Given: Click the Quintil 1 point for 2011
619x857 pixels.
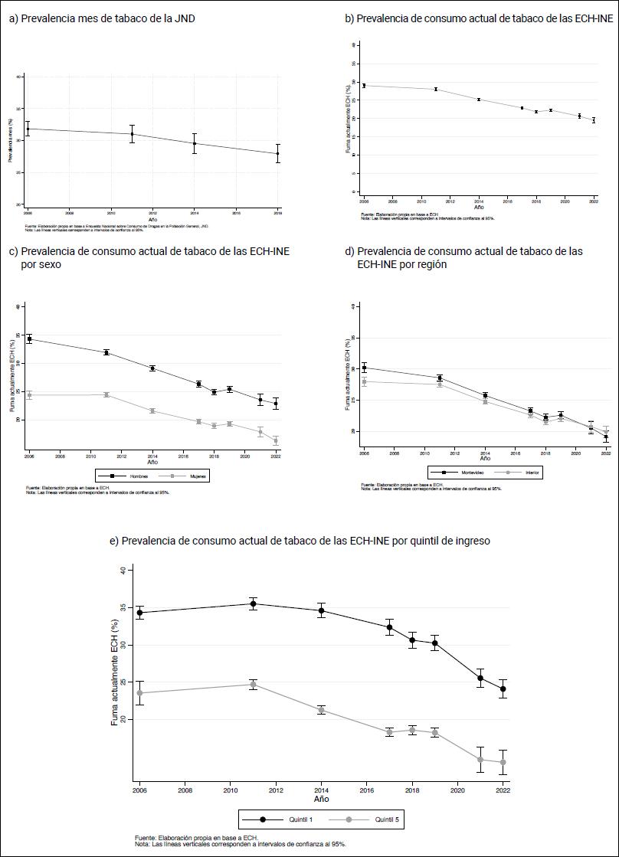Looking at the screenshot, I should point(253,603).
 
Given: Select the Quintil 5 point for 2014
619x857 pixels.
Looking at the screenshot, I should point(322,711).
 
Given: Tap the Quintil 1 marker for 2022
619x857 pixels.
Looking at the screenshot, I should point(503,689).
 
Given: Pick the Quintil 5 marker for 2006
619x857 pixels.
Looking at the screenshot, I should point(139,693).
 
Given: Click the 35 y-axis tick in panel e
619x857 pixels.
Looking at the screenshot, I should point(123,608).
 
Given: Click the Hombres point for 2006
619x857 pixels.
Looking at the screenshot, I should point(29,339).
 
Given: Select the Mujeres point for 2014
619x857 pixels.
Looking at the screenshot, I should point(152,411).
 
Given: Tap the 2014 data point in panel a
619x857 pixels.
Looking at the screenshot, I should point(195,143).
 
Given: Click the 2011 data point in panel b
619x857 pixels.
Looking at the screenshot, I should point(435,90).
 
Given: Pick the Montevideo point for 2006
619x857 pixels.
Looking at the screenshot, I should point(364,368).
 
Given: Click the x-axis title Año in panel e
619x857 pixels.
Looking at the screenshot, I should point(321,799).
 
